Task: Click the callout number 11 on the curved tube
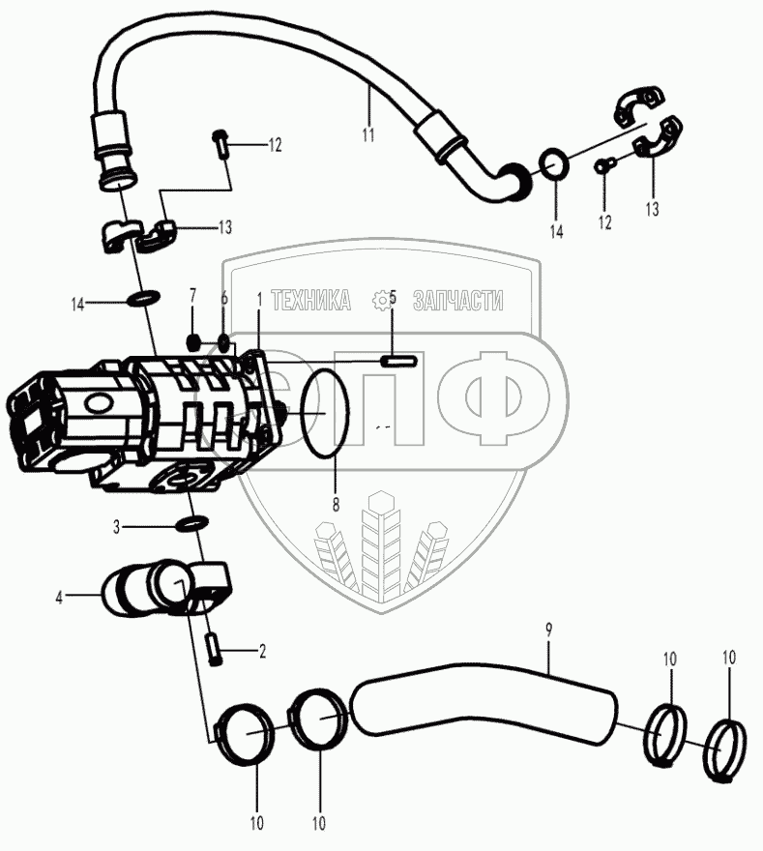[x=367, y=134]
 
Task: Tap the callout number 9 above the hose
[x=548, y=631]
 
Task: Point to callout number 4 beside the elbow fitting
[x=58, y=598]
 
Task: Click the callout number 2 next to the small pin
[x=261, y=652]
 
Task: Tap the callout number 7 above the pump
[x=192, y=294]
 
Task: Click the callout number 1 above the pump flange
[x=259, y=301]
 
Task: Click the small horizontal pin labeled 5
[x=398, y=362]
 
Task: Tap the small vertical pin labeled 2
[x=215, y=649]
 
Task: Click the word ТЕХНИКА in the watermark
[x=310, y=302]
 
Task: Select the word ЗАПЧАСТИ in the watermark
[x=457, y=302]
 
